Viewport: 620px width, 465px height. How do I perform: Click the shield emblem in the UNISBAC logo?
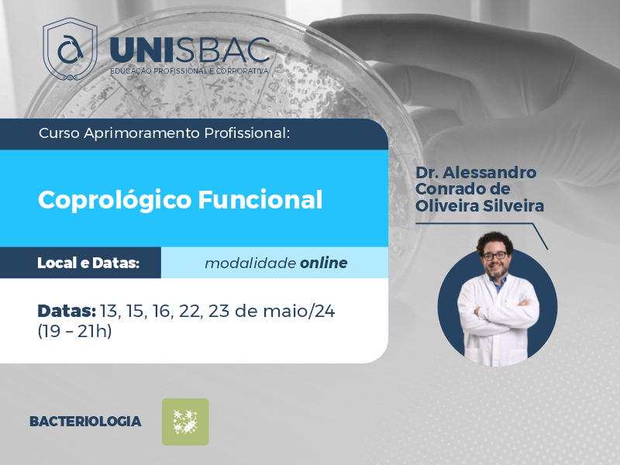tap(70, 49)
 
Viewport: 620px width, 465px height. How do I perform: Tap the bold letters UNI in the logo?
tap(141, 50)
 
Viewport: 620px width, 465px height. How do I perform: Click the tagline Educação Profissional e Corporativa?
tap(189, 71)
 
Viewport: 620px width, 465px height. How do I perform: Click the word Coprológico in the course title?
tap(115, 200)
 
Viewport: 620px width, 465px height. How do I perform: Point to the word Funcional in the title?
tap(260, 199)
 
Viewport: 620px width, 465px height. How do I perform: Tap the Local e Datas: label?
tap(88, 263)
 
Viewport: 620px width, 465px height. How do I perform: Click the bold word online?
tap(323, 263)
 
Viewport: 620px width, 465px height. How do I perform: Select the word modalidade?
tap(250, 263)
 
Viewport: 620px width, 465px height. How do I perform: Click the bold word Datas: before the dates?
tap(67, 312)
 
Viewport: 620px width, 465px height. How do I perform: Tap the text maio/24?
tap(299, 312)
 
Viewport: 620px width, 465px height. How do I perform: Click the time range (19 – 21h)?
tap(74, 331)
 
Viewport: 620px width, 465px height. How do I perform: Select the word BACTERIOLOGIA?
tap(85, 422)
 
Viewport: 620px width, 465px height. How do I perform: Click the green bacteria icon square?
tap(185, 422)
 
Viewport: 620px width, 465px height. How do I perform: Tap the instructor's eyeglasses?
tap(494, 256)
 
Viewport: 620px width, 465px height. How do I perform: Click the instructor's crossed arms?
tap(498, 309)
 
